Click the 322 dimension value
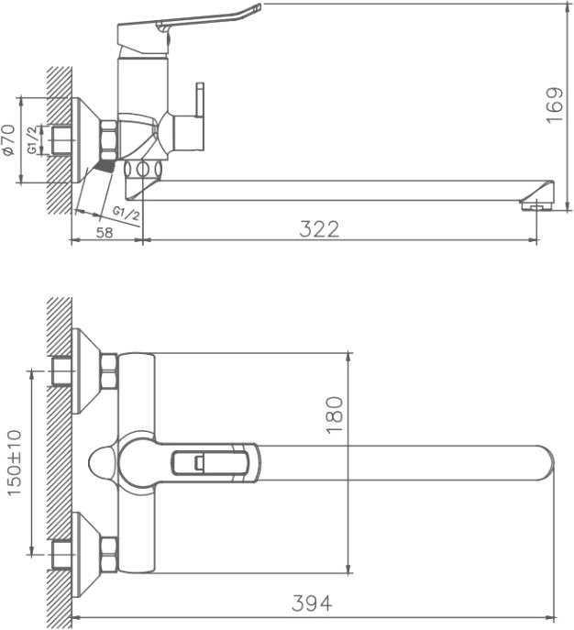[319, 228]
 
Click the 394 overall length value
[312, 603]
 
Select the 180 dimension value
[334, 414]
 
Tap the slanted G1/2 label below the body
[126, 214]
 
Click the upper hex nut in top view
[109, 370]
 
